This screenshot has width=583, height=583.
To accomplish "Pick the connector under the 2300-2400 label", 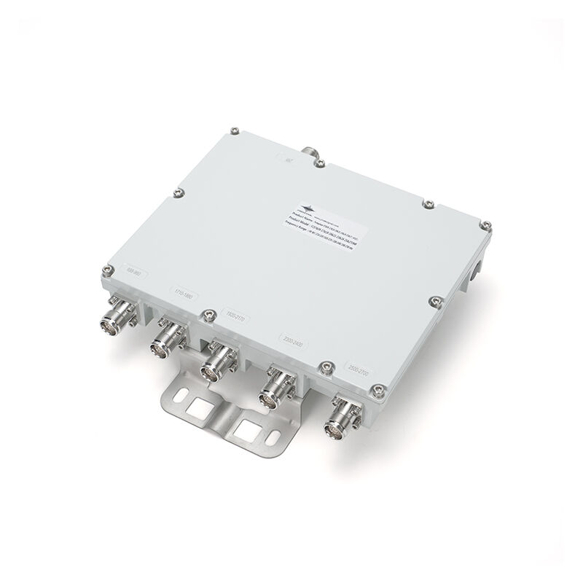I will click(x=278, y=387).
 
